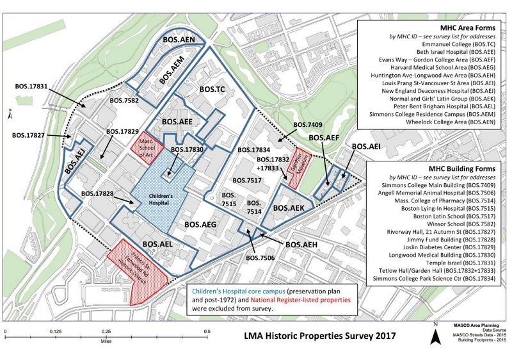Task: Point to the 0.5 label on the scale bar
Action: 207,332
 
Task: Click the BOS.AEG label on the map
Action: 200,224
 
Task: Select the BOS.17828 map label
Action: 97,193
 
